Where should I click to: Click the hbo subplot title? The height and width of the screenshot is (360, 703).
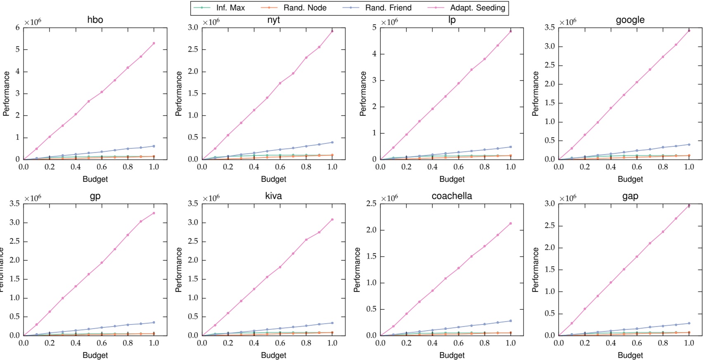95,20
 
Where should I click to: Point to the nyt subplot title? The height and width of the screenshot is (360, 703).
274,20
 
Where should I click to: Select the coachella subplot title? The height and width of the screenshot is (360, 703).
452,196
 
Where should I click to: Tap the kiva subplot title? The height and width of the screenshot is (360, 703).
274,196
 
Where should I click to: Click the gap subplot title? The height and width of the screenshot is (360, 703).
630,196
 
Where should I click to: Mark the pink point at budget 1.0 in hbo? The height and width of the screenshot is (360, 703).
154,43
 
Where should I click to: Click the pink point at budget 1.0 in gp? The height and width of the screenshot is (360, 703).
154,213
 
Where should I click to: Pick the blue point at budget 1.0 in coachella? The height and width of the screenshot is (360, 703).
511,321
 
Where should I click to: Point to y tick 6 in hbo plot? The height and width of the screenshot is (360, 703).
17,28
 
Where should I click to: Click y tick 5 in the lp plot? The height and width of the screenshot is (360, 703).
374,28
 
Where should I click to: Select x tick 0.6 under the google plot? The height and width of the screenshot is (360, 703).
637,167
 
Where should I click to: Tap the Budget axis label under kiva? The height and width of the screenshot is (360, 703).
274,355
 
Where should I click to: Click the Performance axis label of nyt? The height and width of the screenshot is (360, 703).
179,94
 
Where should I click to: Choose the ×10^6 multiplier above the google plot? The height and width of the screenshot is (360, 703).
568,22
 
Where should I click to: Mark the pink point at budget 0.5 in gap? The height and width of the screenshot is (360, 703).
624,269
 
